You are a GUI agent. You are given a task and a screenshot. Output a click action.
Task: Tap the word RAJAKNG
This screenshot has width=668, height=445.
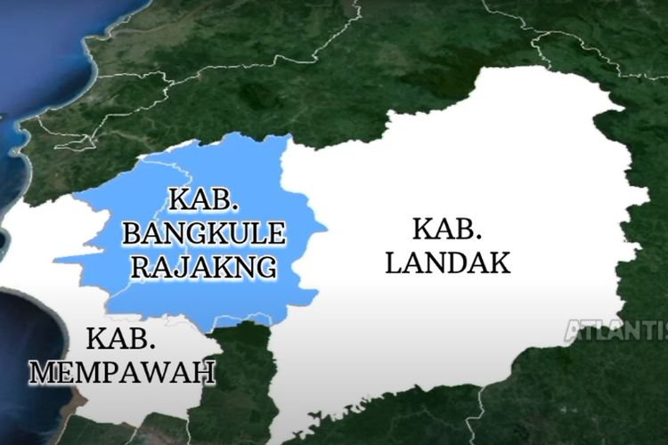pos(204,266)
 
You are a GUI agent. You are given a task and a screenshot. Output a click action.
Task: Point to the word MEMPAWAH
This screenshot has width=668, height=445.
pos(123,370)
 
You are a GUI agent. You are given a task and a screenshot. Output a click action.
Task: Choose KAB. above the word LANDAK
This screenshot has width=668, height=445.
pos(446,229)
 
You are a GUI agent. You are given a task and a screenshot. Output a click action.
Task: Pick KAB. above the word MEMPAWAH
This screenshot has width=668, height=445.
pos(123,339)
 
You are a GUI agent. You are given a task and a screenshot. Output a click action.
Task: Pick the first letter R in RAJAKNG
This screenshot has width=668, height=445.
pos(143,266)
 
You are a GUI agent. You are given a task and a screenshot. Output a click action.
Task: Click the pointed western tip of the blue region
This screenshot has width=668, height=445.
pos(55,262)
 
